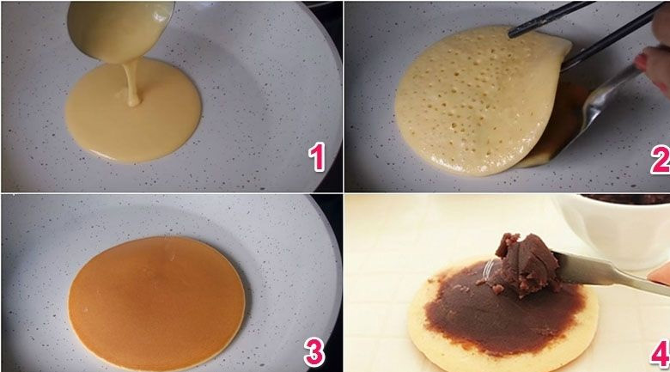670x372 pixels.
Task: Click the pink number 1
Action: pos(318,158)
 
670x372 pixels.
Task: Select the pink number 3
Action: pos(314,351)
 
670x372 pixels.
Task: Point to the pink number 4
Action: pos(658,352)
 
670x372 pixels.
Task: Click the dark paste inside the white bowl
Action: pos(627,200)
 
